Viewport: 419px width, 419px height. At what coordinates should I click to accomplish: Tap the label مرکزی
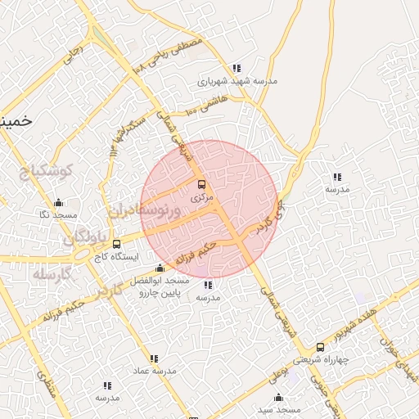(x=202, y=197)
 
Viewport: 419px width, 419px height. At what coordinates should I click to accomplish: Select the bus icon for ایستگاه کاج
(x=116, y=244)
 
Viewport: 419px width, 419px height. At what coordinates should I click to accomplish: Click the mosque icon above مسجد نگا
(x=57, y=203)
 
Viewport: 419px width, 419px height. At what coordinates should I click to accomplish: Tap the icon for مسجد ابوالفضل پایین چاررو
(x=160, y=268)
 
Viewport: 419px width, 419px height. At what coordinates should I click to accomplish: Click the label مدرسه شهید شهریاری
(x=237, y=82)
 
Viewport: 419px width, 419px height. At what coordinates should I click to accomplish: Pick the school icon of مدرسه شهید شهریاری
(x=237, y=69)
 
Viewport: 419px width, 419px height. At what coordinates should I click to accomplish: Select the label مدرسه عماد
(x=155, y=372)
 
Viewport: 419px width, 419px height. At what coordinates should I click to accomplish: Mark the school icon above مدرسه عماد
(x=154, y=358)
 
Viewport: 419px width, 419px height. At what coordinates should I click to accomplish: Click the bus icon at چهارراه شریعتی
(x=320, y=347)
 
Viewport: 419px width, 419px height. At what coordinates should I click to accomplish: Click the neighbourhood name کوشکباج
(x=46, y=171)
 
